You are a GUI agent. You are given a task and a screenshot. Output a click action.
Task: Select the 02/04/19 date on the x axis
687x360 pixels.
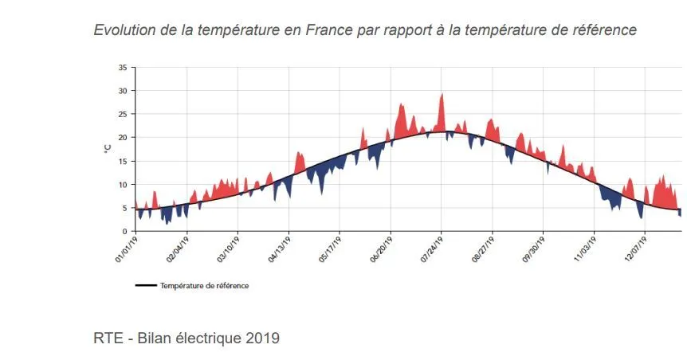click(177, 248)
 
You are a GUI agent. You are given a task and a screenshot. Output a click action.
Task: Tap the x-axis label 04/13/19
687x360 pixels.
click(279, 248)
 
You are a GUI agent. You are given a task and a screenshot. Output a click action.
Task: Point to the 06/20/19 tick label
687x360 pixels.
click(381, 248)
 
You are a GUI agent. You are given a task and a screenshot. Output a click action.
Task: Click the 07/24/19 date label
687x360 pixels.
click(431, 248)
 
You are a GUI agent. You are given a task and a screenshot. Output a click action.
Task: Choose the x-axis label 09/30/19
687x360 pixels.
click(533, 248)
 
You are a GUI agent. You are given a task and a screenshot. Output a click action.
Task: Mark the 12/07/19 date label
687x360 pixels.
click(635, 248)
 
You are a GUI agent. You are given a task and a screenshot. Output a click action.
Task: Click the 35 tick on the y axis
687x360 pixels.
click(122, 68)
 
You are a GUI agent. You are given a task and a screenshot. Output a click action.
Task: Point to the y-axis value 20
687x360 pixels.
click(122, 138)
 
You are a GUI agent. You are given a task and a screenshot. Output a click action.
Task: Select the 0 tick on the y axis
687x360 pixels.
click(124, 231)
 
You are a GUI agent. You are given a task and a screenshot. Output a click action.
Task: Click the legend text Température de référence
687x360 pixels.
click(204, 286)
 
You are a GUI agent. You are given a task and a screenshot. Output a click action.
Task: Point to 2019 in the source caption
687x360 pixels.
click(263, 338)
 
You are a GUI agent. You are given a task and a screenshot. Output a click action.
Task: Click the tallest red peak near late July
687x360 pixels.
click(442, 96)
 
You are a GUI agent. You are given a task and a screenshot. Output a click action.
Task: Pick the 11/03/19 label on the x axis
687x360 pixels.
click(584, 248)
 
